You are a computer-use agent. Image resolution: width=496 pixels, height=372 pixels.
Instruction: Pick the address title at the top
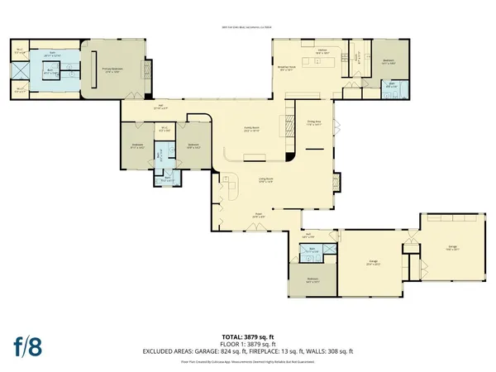[x=248, y=26]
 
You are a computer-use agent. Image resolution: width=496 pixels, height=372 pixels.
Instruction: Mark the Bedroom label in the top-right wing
[x=389, y=61]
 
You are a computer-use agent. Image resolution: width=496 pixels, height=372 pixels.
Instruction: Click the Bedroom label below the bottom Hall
[x=313, y=281]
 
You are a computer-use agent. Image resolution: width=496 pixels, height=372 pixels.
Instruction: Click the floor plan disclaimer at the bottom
[x=248, y=361]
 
